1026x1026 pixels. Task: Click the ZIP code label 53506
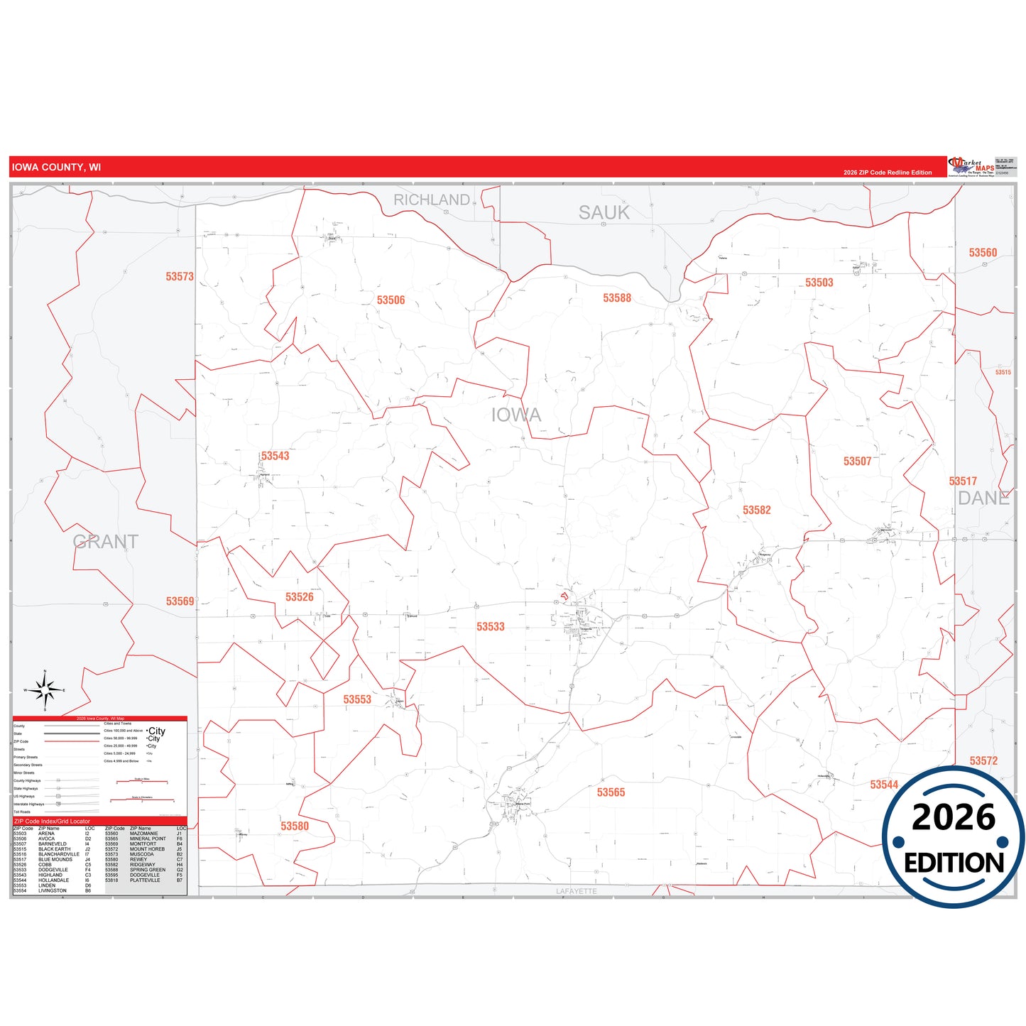pos(391,300)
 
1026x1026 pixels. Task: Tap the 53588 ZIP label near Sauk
pos(616,298)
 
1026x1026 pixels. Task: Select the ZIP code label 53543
pos(275,456)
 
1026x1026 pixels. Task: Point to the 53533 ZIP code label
pos(490,627)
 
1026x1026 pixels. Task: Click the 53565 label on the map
pos(611,792)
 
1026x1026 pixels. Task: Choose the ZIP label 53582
pos(756,511)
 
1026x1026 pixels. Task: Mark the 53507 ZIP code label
pos(857,462)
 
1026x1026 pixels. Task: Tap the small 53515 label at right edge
pos(1003,372)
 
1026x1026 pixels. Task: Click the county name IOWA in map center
pos(516,415)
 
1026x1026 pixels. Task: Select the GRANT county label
pos(105,542)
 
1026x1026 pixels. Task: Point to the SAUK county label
pos(604,212)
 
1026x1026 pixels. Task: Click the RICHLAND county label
pos(432,200)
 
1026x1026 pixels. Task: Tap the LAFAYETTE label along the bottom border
pos(576,891)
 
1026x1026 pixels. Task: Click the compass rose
pos(45,689)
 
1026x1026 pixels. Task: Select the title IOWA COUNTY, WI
pos(56,168)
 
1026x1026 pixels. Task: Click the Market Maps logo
pos(971,167)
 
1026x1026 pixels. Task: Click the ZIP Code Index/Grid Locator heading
pos(52,822)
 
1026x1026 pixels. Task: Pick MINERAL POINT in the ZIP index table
pos(148,839)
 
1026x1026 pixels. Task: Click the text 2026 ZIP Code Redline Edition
pos(888,173)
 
